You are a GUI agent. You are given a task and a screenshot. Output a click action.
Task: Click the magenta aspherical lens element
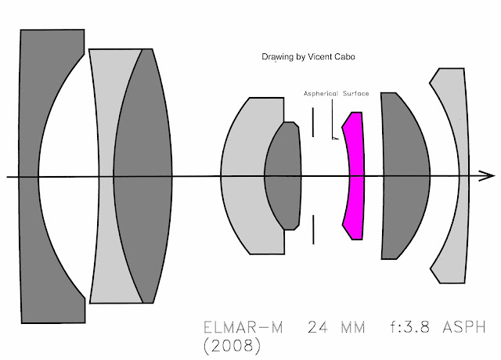355,175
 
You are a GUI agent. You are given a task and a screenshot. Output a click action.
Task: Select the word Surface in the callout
356,94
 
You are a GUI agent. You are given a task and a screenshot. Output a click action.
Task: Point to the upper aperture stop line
313,122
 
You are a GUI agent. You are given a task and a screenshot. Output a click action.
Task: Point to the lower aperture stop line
313,229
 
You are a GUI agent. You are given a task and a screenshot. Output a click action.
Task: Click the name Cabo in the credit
345,57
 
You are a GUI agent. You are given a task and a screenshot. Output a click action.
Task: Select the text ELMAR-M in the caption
243,327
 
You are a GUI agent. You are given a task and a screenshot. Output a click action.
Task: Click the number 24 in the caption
319,327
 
